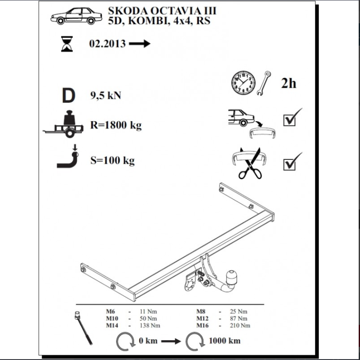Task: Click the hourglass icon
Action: pos(67,43)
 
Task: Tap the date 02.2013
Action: pos(108,43)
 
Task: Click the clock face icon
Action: pos(243,83)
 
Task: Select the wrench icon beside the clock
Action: pos(264,83)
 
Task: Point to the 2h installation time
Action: pos(288,83)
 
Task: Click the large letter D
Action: pos(68,95)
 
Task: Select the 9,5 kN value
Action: pos(106,95)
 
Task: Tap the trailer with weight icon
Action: pos(63,124)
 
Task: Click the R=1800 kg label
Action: pos(116,126)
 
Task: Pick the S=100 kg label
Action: pos(112,161)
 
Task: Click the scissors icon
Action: pos(250,163)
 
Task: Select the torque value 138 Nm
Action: pos(150,326)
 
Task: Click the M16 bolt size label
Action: pos(202,326)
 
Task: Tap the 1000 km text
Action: pos(224,341)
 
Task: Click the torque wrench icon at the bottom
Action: pos(83,328)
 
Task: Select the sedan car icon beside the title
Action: pos(76,16)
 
